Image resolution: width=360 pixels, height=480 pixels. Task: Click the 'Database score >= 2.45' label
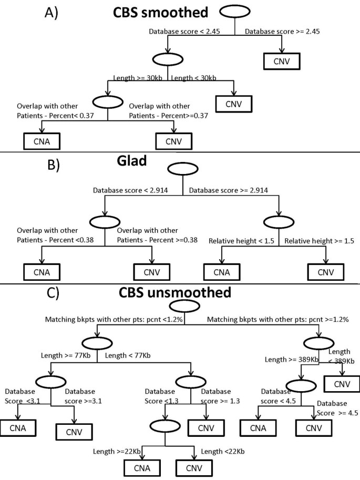coord(283,32)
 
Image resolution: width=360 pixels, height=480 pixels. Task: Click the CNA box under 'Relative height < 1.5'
coord(221,272)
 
